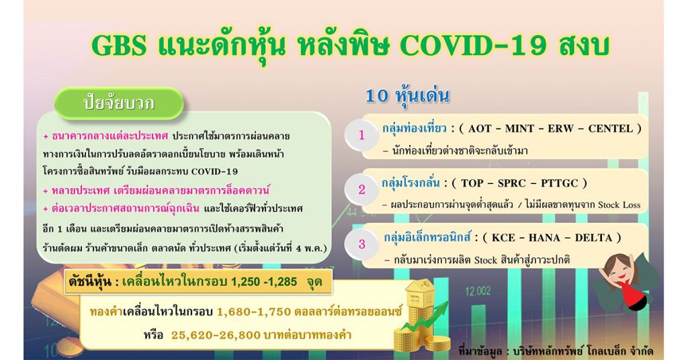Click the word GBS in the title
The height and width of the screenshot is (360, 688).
point(118,44)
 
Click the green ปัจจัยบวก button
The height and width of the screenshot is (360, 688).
point(118,103)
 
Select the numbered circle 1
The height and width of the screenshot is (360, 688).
point(361,135)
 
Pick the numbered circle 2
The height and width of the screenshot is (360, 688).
point(361,189)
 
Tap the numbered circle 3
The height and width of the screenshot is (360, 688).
point(361,244)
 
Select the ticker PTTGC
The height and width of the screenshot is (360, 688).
point(560,183)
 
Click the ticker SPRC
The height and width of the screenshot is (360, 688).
point(513,183)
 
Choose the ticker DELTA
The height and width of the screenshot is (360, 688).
point(593,238)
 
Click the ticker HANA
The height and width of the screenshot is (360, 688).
point(546,238)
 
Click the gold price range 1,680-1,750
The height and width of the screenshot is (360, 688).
point(253,312)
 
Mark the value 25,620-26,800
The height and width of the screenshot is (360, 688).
point(216,335)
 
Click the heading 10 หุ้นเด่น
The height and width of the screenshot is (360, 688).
point(407,96)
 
